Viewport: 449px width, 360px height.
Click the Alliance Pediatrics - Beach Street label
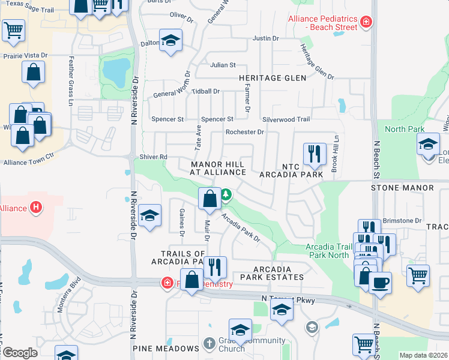(323, 23)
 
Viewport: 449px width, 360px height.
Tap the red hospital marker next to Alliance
(36, 208)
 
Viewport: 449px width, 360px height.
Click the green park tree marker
(226, 194)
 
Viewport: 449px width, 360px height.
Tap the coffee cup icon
(380, 281)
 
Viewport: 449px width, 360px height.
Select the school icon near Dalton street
(171, 41)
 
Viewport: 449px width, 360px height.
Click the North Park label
(405, 129)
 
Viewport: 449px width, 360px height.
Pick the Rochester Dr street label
(244, 132)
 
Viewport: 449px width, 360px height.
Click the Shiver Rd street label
(154, 157)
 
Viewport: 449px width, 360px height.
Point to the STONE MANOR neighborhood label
(402, 188)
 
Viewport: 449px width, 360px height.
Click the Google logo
(20, 353)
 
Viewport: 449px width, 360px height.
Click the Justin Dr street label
(266, 38)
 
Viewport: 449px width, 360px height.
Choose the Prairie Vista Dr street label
(25, 55)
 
